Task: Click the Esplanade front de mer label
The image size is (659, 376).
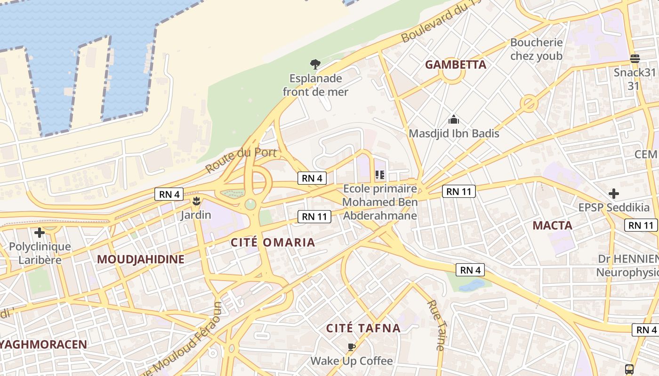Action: coord(315,85)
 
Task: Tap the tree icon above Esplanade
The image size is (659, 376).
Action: coord(315,64)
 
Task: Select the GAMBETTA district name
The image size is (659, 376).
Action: coord(456,65)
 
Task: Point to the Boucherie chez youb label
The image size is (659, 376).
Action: coord(536,49)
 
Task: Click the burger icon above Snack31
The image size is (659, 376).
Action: coord(635,59)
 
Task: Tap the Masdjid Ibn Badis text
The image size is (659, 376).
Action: coord(454,133)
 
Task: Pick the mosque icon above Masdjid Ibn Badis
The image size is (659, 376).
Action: coord(454,119)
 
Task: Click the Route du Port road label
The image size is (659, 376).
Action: coord(241,160)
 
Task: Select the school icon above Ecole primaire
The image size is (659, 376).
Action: coord(380,175)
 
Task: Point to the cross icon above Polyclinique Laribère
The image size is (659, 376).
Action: coord(40,232)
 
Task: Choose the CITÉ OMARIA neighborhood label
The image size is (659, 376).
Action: coord(273,243)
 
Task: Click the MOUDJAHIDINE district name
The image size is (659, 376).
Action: coord(141,259)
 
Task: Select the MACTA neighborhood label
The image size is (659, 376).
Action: coord(552,226)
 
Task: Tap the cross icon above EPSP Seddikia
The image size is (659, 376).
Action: coord(613,194)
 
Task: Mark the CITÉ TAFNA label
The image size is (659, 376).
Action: coord(363,329)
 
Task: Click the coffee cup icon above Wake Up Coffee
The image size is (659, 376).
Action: coord(351,347)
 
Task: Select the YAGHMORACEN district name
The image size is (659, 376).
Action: coord(44,345)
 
